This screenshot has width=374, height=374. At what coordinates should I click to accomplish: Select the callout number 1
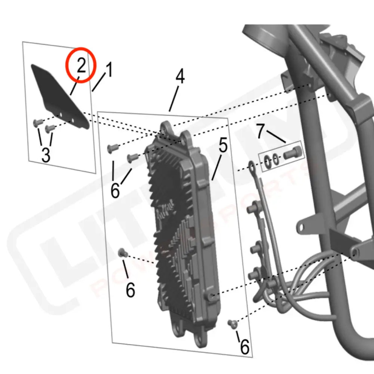click(108, 70)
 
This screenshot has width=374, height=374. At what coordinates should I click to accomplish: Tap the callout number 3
click(46, 154)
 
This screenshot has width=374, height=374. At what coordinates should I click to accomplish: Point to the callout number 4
click(180, 77)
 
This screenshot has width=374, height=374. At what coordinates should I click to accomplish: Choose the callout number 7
click(262, 131)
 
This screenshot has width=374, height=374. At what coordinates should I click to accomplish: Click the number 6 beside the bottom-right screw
click(244, 347)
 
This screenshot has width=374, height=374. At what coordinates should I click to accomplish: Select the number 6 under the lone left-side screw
click(130, 290)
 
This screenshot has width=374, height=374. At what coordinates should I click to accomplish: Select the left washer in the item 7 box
click(268, 160)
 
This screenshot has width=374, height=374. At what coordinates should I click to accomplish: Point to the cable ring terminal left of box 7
click(251, 165)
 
